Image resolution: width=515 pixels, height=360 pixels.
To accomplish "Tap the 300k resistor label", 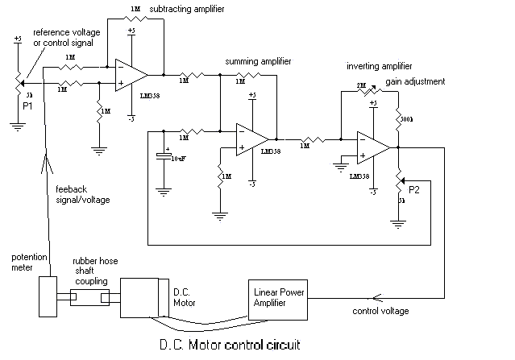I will [408, 118].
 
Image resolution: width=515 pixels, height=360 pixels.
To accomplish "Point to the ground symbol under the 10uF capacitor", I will [164, 191].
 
